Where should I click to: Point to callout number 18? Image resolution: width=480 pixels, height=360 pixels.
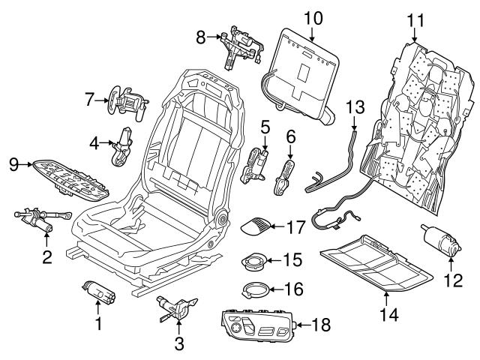coord(322,325)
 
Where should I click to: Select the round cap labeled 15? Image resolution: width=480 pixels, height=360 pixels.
coord(253,262)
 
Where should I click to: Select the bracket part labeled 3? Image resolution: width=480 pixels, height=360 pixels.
coord(174,306)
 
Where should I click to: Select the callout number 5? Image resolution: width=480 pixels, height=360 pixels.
coord(264,127)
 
